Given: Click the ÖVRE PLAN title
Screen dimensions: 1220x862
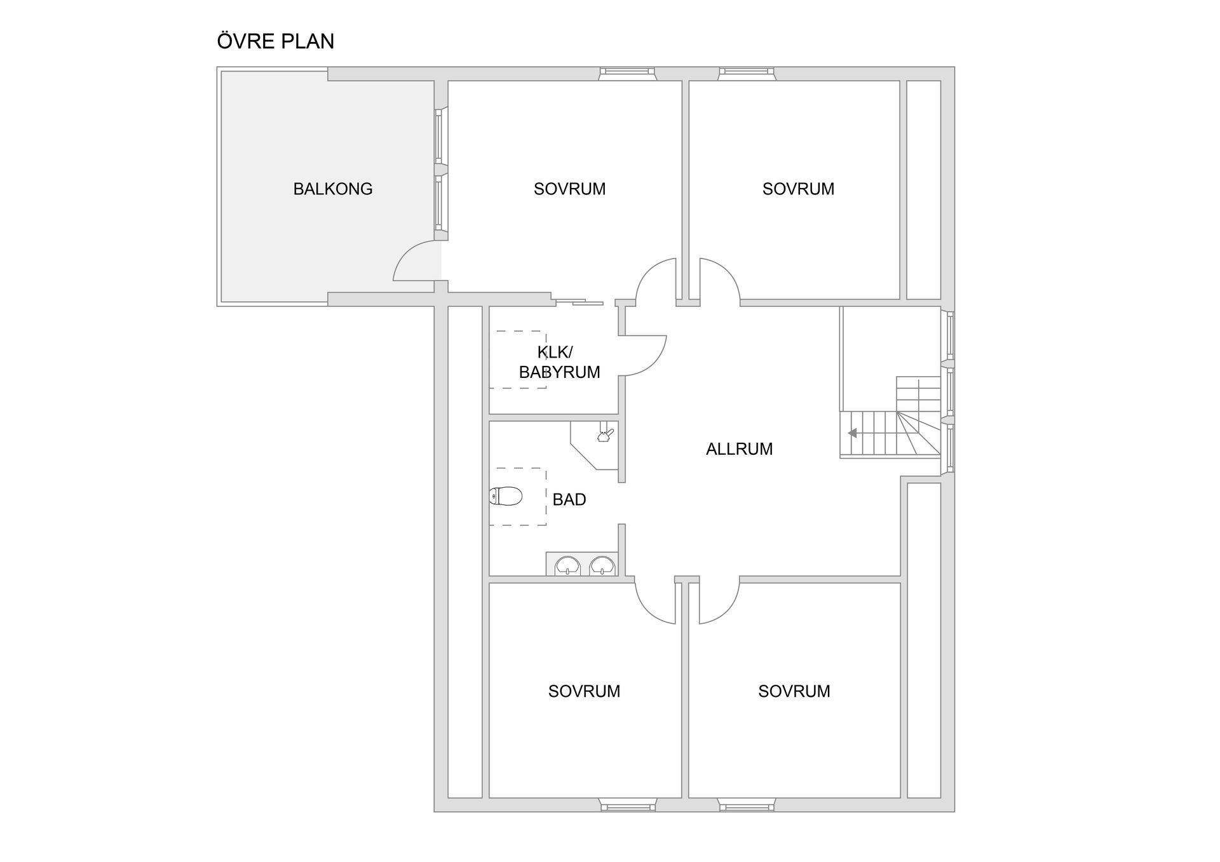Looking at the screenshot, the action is pos(275,41).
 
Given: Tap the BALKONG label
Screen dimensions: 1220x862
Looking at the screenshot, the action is pos(332,189).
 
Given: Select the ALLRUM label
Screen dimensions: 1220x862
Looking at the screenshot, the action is pos(739,449).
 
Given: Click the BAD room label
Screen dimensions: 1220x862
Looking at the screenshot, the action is pos(569,500).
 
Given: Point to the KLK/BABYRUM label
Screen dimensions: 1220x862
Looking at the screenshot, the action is pos(559,362).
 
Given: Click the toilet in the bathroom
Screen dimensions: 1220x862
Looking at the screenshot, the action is pos(506,496).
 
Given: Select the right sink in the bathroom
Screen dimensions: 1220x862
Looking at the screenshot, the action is pos(602,565).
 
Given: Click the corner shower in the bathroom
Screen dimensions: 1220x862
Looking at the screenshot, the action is pos(595,445).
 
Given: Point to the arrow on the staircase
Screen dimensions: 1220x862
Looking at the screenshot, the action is pos(852,433).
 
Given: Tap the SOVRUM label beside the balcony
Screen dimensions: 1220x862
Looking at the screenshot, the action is pos(569,189).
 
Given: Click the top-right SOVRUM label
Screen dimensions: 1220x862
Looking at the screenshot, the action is pos(798,189).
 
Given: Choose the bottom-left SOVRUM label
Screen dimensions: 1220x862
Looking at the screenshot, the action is pos(584,691).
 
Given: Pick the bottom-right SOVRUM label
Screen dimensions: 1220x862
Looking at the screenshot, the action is pos(794,691).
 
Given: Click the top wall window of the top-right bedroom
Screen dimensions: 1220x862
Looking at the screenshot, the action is pos(747,74).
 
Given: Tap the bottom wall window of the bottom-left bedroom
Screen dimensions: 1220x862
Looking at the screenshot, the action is pos(628,805).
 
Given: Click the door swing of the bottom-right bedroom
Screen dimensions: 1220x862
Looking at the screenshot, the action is pos(720,601).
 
